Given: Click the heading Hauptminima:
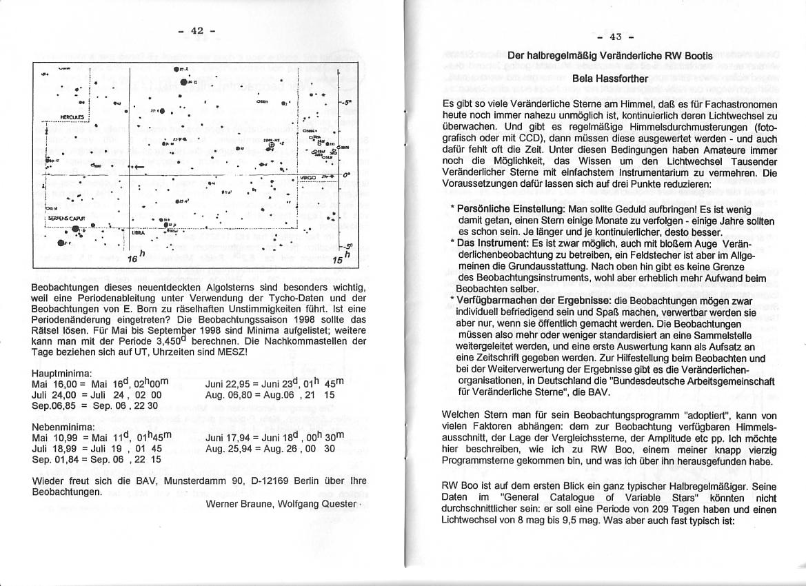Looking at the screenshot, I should tap(63, 373).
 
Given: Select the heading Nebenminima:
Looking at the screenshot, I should tap(63, 427).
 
